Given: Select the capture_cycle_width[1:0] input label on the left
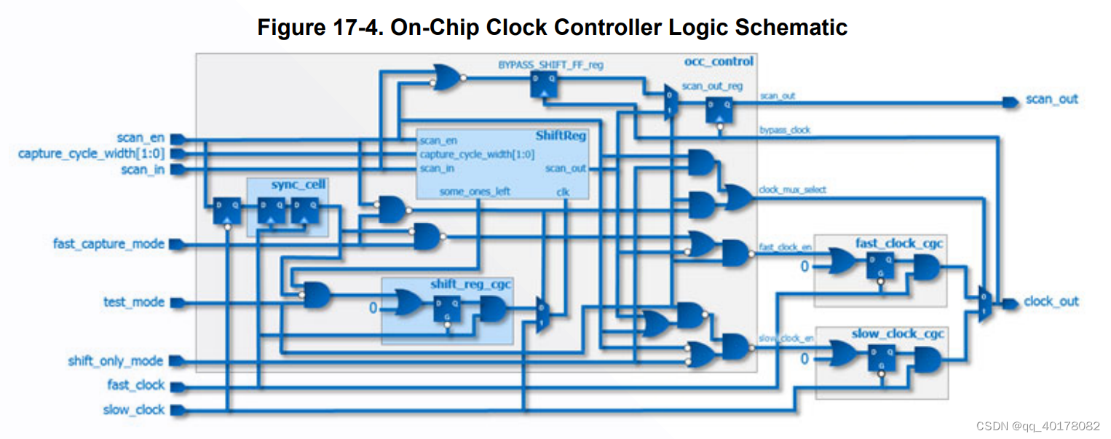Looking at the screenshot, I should tap(91, 154).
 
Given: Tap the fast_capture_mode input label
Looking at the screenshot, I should tap(108, 243).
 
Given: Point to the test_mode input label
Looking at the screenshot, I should tap(134, 301).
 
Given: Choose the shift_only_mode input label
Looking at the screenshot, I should tap(116, 361).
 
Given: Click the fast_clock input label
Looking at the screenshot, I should tap(136, 385).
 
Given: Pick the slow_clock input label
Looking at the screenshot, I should tap(134, 410).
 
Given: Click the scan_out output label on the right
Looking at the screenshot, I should tap(1051, 99).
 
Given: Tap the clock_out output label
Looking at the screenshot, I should tap(1051, 301).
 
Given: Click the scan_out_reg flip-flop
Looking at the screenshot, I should tap(719, 110).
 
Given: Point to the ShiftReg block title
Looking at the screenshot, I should tap(561, 135).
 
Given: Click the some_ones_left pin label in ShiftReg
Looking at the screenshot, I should tap(474, 191).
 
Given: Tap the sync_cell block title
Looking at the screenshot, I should tap(298, 185).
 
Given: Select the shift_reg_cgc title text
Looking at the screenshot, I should tap(470, 284).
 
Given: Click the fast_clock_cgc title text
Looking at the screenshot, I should tap(900, 243).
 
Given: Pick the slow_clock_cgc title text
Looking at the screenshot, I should tap(898, 334).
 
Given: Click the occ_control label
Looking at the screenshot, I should tap(719, 61).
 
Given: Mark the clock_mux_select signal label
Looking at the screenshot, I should tap(792, 190).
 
